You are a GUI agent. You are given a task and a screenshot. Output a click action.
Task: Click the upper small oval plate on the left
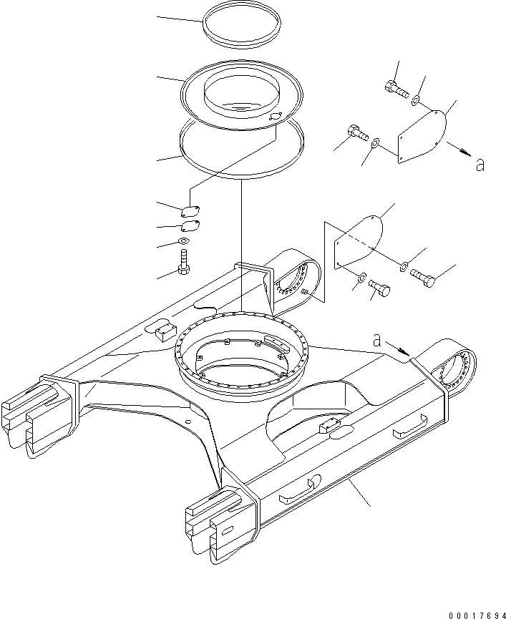(190, 210)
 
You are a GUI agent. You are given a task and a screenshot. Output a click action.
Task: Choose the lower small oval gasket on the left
(190, 227)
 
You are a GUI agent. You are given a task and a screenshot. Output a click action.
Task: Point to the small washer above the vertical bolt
(184, 242)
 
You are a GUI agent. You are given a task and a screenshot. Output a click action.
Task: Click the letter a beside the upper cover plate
(480, 165)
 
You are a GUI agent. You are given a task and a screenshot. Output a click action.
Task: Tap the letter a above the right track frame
(376, 341)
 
